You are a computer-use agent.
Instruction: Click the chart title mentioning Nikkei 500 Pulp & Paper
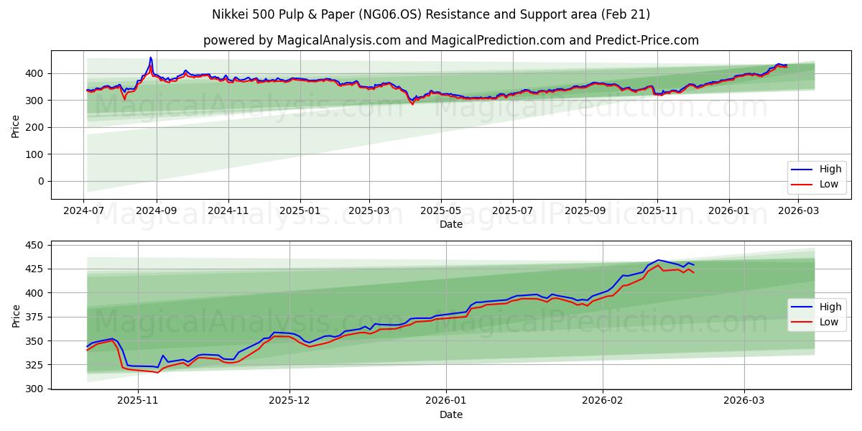[x=431, y=14]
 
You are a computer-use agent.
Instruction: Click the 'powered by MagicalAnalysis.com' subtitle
[x=450, y=40]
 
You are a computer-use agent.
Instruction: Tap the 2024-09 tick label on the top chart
[x=156, y=211]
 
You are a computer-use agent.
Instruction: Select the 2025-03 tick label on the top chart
[x=369, y=211]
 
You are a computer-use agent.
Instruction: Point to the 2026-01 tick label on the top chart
[x=729, y=211]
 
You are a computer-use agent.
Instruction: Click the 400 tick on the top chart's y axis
[x=33, y=73]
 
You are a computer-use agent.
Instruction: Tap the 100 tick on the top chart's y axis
[x=33, y=154]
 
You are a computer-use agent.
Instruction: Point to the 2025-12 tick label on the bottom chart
[x=289, y=401]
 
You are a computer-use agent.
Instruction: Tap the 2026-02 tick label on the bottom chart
[x=603, y=401]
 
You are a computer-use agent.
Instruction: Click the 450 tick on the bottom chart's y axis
[x=33, y=245]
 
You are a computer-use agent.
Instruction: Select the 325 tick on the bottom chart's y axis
[x=33, y=365]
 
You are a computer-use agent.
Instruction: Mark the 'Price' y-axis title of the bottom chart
[x=15, y=315]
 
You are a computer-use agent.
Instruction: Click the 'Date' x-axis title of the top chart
[x=450, y=224]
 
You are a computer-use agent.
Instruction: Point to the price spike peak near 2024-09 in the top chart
[x=151, y=57]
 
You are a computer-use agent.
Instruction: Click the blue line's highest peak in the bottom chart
[x=657, y=260]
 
